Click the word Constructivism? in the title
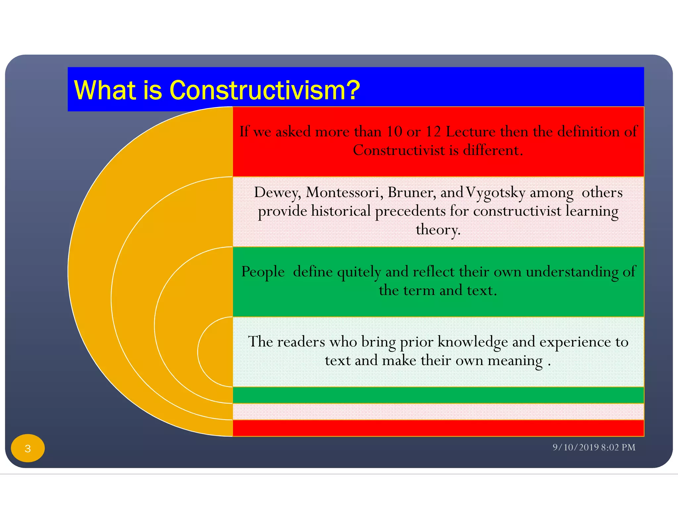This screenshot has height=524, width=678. (x=264, y=90)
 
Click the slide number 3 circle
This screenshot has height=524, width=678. (x=28, y=448)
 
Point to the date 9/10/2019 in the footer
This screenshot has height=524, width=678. (x=576, y=447)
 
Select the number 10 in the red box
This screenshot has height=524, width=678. (x=394, y=132)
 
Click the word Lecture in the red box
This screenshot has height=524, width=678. (x=470, y=132)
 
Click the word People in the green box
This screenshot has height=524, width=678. (x=263, y=272)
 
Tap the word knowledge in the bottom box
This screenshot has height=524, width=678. (x=472, y=342)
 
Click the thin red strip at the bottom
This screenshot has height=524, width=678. (x=438, y=428)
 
